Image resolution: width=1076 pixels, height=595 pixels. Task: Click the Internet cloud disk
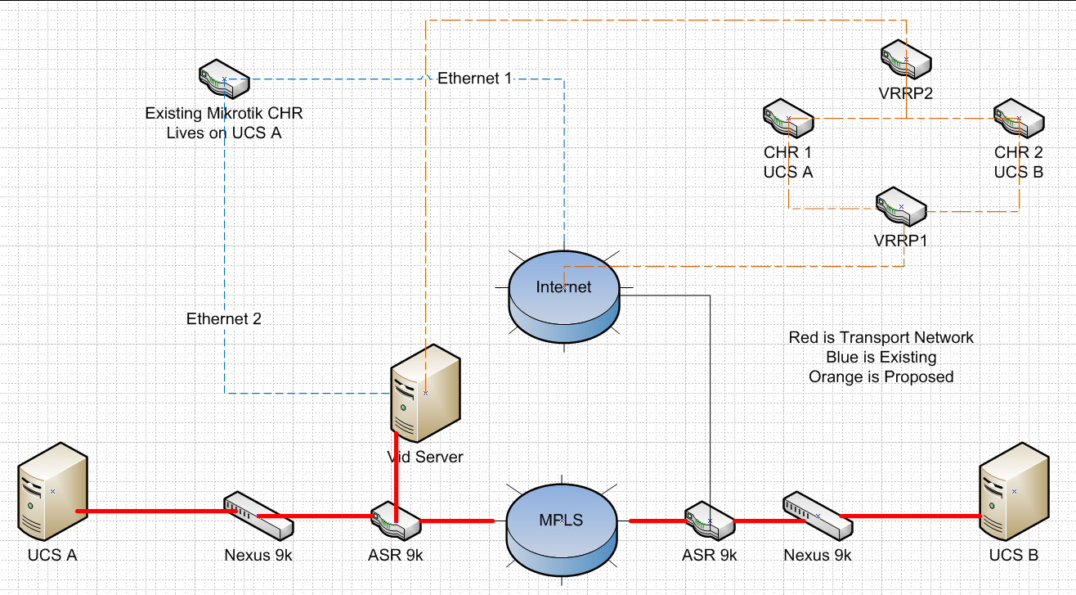pos(563,289)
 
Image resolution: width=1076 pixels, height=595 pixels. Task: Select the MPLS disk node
pos(561,521)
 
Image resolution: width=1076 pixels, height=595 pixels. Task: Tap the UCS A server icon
pos(52,491)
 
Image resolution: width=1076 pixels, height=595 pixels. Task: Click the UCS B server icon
pos(1014,491)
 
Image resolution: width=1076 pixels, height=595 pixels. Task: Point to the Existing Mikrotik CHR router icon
pos(224,79)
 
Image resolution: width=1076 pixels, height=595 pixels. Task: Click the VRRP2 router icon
pos(905,61)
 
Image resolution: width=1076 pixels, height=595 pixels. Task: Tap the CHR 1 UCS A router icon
pos(788,119)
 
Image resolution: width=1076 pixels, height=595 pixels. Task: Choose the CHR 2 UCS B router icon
pos(1019,119)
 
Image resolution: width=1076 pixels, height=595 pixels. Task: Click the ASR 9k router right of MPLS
pos(710,521)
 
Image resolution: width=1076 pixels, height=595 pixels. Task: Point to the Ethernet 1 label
pos(474,79)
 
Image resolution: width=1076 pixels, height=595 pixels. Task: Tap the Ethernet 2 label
pos(224,319)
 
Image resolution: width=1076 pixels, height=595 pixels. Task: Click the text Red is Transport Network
pos(881,337)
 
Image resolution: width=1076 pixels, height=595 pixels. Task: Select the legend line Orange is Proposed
pos(881,376)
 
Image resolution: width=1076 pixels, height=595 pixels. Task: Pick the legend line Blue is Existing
pos(881,357)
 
